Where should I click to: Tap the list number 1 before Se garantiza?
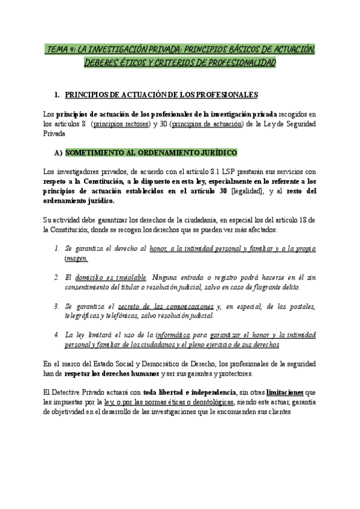(x=56, y=248)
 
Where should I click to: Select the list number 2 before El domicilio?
(x=56, y=277)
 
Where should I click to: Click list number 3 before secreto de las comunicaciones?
(x=56, y=306)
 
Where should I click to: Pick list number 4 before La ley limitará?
(x=56, y=334)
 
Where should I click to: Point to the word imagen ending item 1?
(x=76, y=258)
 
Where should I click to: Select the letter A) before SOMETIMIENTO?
(x=58, y=153)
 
